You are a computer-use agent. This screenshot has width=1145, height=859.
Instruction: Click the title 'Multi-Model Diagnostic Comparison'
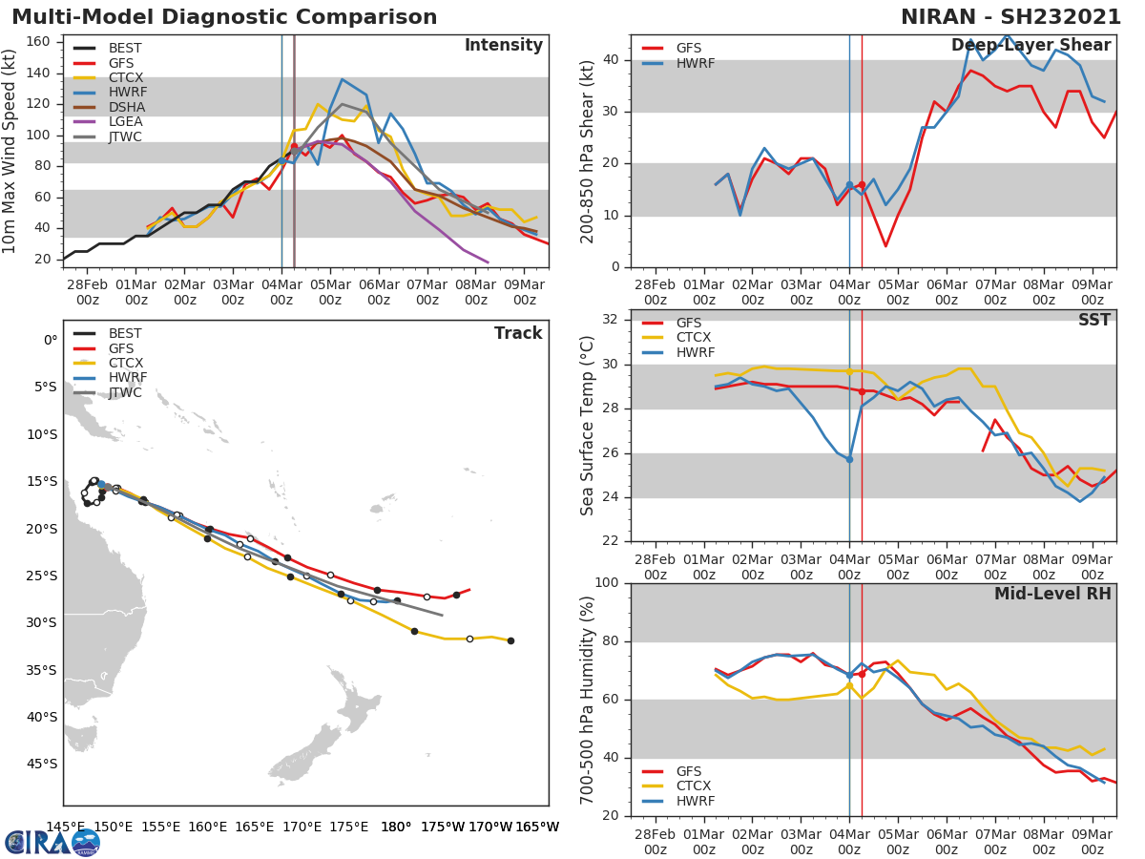coord(224,17)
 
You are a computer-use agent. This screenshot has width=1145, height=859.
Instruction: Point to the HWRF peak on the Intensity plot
coord(343,79)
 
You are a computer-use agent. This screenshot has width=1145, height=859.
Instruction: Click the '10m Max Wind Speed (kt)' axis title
coord(10,151)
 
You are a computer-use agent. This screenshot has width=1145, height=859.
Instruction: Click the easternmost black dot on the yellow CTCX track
coord(510,640)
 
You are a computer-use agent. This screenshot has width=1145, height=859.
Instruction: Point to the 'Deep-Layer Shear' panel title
coord(1030,46)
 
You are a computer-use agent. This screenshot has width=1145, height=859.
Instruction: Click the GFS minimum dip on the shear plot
coord(885,246)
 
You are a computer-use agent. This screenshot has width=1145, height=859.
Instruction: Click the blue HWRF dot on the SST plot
coord(849,459)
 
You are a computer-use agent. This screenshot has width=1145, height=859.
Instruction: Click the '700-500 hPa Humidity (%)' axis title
coord(589,699)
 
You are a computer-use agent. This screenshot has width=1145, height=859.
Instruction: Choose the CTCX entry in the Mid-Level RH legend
coord(694,786)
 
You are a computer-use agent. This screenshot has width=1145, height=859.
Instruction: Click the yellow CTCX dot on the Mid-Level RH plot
coord(849,685)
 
